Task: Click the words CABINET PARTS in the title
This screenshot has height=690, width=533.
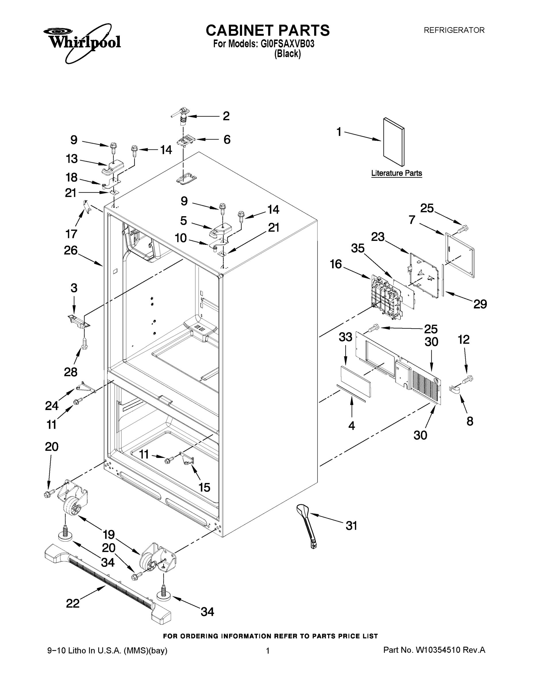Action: point(268,31)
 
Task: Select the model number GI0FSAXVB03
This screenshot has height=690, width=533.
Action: point(287,44)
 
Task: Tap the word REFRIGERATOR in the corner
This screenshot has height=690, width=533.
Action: point(454,30)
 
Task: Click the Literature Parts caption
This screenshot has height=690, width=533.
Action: point(396,173)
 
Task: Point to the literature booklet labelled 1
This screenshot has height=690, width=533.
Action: point(393,142)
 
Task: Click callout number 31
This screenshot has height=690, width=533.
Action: point(351,526)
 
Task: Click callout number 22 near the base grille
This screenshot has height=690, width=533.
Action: point(73,603)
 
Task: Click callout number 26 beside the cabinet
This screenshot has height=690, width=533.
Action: point(70,250)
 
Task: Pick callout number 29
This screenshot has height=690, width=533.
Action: point(480,304)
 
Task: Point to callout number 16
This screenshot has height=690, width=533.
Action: point(336,264)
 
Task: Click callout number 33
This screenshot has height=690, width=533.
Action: point(345,337)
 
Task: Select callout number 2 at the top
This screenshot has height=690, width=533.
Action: point(226,116)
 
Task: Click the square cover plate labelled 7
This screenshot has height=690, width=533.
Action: point(459,255)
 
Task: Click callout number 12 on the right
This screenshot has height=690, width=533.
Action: point(463,340)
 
